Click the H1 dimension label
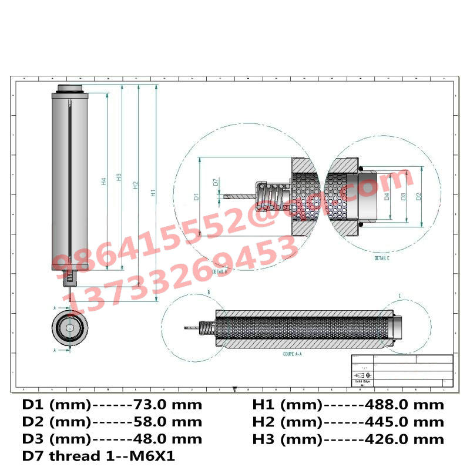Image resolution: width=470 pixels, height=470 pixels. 152,192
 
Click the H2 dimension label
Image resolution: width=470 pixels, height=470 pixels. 135,186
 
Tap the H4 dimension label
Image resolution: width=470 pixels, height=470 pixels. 103,182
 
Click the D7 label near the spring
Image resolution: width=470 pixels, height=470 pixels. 216,183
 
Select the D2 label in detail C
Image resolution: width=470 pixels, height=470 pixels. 418,197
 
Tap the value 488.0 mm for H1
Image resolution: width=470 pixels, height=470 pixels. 404,405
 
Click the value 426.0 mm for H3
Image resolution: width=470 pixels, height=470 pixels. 404,439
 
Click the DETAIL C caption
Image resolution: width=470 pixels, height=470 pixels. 382,258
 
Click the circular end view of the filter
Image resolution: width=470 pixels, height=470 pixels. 70,327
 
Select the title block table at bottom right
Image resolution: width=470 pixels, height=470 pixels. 402,371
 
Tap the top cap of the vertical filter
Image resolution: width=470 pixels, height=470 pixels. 70,89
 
